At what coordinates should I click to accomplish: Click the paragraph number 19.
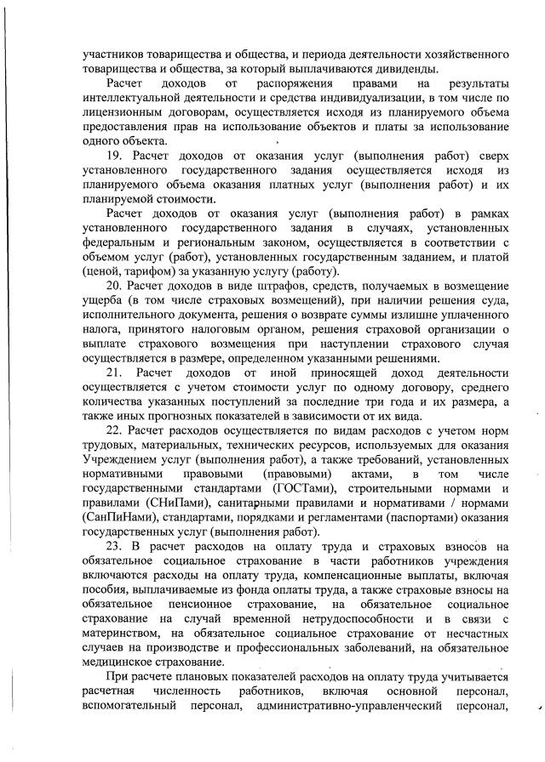click(x=114, y=157)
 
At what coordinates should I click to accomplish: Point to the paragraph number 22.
click(x=114, y=431)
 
